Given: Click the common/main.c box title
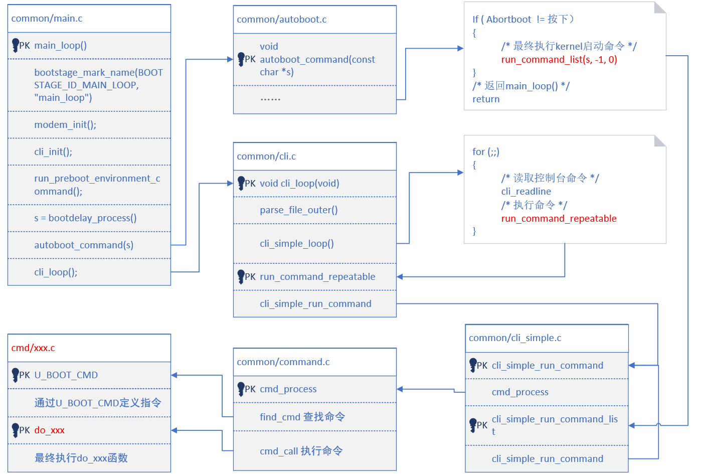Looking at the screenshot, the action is (x=47, y=19).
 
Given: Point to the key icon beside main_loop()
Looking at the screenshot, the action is (x=15, y=45).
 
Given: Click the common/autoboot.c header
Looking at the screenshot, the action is (x=282, y=20).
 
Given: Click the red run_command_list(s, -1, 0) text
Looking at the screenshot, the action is (x=559, y=60).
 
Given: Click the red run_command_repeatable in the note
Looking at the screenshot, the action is (x=559, y=219).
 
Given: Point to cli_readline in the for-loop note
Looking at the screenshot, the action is (x=526, y=191).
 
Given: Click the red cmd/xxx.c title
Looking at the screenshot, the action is (x=33, y=348).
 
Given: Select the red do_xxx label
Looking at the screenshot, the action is (x=50, y=430).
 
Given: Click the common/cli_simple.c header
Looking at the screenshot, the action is (x=515, y=338).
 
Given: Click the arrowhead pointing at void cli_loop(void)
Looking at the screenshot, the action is (x=230, y=184).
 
